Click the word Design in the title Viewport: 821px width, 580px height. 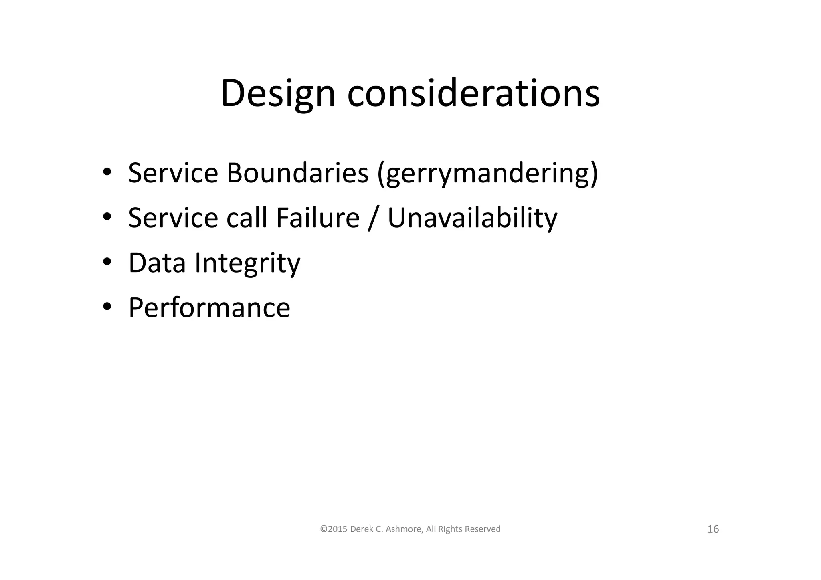click(277, 93)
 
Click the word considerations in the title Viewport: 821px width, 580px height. click(473, 93)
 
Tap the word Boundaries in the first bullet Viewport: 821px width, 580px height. click(297, 173)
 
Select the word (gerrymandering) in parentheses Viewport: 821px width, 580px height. click(487, 173)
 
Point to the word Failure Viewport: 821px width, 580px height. click(317, 218)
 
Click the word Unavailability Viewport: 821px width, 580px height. click(472, 218)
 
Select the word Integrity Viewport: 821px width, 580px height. click(247, 263)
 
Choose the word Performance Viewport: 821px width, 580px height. click(209, 308)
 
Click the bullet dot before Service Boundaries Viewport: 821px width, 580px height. click(107, 173)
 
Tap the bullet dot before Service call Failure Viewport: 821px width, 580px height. click(107, 218)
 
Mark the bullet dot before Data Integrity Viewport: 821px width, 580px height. click(107, 263)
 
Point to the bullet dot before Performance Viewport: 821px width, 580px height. click(107, 307)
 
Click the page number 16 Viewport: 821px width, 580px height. click(713, 529)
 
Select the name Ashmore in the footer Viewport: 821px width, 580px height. click(404, 529)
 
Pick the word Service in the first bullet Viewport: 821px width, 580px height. click(173, 173)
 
